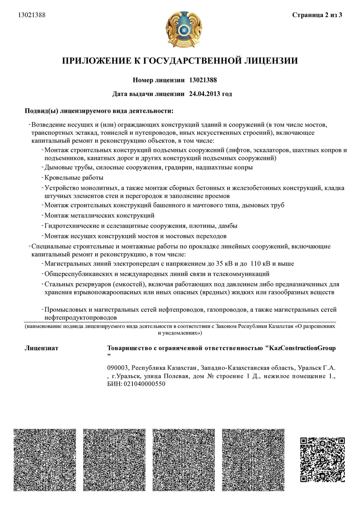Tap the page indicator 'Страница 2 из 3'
pyautogui.click(x=317, y=15)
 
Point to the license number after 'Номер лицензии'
pyautogui.click(x=203, y=80)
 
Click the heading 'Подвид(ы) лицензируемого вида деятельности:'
pyautogui.click(x=99, y=110)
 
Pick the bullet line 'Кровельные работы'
pyautogui.click(x=74, y=177)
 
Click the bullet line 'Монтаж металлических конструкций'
pyautogui.click(x=100, y=216)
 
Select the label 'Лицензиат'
pyautogui.click(x=42, y=348)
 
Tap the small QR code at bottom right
pyautogui.click(x=322, y=459)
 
